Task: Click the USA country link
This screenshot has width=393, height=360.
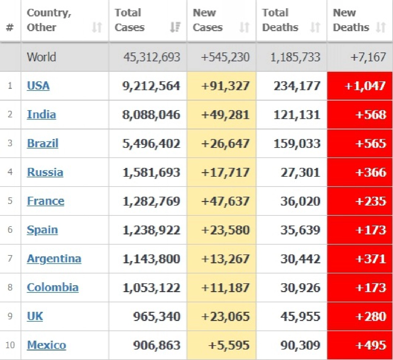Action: point(38,86)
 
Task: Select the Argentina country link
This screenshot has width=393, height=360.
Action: point(54,259)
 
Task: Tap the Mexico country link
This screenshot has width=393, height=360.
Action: point(47,345)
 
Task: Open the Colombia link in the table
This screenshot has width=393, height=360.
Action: point(53,288)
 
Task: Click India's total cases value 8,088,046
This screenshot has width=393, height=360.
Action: point(151,115)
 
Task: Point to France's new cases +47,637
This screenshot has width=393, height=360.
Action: point(225,201)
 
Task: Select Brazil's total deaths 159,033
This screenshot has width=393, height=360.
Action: point(297,144)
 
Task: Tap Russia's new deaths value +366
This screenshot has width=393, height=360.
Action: point(371,172)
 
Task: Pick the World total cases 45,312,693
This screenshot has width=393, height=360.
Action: point(152,57)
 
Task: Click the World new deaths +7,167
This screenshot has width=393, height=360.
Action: point(368,57)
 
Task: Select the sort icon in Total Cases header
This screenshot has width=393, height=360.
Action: point(175,27)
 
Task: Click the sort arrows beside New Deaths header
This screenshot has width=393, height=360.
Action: point(381,27)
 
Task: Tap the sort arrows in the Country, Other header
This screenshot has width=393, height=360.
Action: point(97,27)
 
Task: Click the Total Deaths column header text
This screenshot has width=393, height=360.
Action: point(280,20)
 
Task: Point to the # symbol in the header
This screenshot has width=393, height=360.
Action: point(9,28)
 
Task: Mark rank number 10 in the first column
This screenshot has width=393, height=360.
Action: point(10,345)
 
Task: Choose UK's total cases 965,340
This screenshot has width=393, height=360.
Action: point(157,316)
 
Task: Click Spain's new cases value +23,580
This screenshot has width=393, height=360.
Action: point(225,230)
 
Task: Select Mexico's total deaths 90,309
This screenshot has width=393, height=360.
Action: point(300,345)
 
